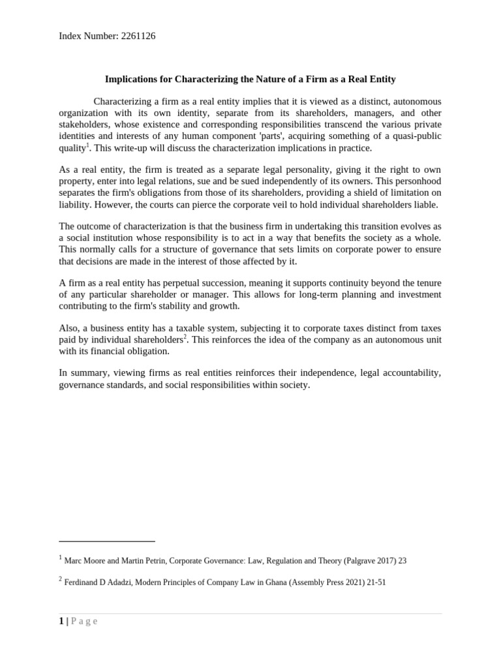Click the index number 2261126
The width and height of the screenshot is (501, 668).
point(138,36)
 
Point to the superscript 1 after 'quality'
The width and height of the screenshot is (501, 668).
point(88,145)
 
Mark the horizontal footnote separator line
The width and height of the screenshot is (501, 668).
point(107,541)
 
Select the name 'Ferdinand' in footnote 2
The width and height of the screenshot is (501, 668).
point(83,583)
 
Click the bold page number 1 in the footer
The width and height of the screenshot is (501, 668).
point(61,621)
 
